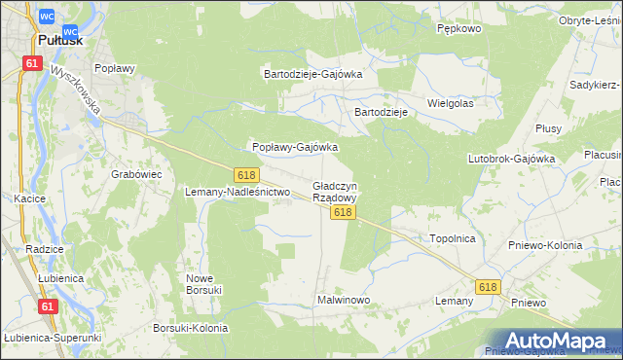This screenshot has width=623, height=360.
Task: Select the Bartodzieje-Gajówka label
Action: point(313,73)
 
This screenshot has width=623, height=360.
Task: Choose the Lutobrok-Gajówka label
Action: point(511,158)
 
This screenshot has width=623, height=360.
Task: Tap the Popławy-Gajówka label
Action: point(295,147)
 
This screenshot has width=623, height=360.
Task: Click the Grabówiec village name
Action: point(136,174)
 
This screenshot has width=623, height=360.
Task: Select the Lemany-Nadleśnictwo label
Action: point(238,192)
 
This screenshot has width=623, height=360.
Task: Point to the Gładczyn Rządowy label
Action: point(335,191)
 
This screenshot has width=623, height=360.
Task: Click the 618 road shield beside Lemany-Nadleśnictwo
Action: point(246,174)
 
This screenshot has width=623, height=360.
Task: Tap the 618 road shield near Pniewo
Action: point(488,286)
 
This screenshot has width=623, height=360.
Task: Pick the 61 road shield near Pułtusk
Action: point(33,63)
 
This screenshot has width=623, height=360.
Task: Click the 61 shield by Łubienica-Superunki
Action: point(48,306)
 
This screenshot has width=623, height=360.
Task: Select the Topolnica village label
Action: point(452,237)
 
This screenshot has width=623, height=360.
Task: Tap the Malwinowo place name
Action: point(344,300)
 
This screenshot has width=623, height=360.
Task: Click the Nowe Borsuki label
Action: point(204,283)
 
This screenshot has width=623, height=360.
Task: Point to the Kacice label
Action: point(30,198)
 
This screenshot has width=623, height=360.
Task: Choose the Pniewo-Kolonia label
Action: point(545,245)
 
